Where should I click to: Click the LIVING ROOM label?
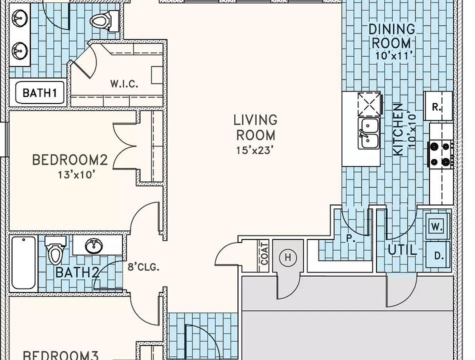(x=255, y=127)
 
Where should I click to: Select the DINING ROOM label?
(x=391, y=36)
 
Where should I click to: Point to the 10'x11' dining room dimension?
(x=394, y=55)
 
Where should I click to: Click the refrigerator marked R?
(x=438, y=106)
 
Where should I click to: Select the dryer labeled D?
(x=437, y=255)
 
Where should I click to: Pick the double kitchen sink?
(x=368, y=133)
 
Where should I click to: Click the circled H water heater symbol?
(x=287, y=257)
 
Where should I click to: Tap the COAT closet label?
(x=264, y=254)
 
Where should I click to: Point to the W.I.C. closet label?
(x=124, y=83)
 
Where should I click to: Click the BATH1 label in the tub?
(x=40, y=92)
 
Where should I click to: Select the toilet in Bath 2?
(x=55, y=250)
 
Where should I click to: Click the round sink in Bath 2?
(x=94, y=246)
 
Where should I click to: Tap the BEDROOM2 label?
(x=70, y=160)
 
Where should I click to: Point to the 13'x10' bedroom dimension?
(x=77, y=174)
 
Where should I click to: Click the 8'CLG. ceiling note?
(x=143, y=267)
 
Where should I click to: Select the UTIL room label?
(x=402, y=250)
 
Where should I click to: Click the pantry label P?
(x=350, y=238)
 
